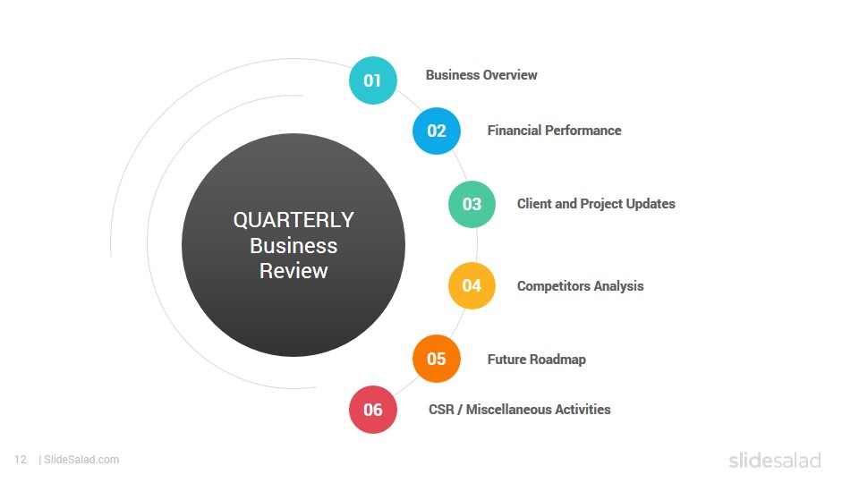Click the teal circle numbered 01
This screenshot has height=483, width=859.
(x=372, y=80)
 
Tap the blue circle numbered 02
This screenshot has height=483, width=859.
(x=437, y=131)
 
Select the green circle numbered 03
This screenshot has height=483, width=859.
(x=472, y=204)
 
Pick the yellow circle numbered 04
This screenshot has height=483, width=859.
(x=472, y=286)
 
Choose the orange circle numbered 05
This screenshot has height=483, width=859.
(x=437, y=359)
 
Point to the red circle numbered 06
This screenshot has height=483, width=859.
(x=372, y=410)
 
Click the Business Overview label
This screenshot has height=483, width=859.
(x=481, y=75)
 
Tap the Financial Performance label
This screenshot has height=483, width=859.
(x=555, y=131)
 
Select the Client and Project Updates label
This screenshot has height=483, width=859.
(x=596, y=204)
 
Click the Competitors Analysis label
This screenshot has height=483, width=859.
(x=580, y=286)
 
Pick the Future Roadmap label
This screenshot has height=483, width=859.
(x=536, y=360)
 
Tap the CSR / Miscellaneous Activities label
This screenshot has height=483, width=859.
(x=519, y=410)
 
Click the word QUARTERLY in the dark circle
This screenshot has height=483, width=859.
(x=293, y=220)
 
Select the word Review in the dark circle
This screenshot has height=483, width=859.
(x=293, y=271)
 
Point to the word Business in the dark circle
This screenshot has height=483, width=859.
(x=293, y=246)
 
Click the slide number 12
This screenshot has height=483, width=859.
(x=21, y=460)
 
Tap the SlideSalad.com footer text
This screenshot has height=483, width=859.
(x=79, y=460)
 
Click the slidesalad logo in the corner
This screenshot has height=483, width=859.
(x=775, y=460)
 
